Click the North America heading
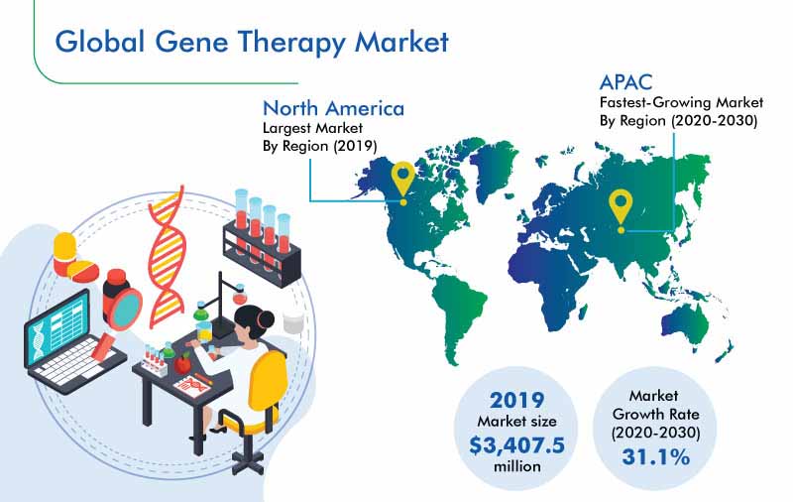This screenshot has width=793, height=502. [334, 108]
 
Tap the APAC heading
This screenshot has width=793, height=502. [625, 82]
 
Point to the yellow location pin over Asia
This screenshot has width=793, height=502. [622, 211]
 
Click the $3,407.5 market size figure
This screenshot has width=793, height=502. [516, 445]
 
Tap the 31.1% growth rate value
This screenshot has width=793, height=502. [655, 456]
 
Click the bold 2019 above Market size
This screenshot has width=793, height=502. [516, 401]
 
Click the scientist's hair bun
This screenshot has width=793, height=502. [265, 319]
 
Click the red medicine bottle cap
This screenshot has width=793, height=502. [116, 276]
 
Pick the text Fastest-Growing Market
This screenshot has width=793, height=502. [681, 103]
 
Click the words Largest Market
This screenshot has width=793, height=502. [312, 128]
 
